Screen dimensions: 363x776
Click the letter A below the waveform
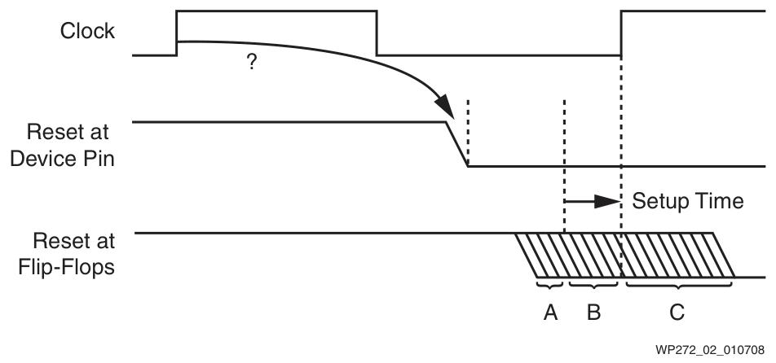[549, 310]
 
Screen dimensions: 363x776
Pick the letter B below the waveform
[593, 310]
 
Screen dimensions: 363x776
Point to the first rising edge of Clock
[177, 33]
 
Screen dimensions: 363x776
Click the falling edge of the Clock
[377, 33]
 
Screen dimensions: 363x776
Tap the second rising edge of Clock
[621, 33]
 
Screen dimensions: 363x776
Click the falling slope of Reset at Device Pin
[456, 144]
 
